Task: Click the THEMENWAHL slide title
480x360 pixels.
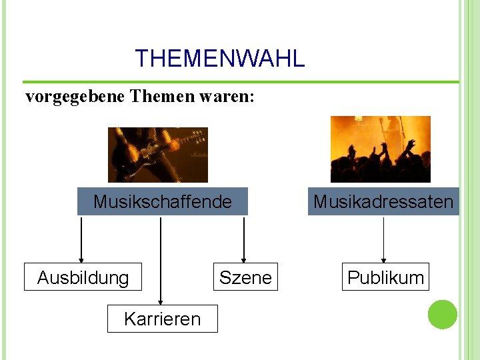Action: point(219,59)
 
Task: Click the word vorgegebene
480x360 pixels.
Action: point(75,97)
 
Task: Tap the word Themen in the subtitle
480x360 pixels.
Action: point(162,97)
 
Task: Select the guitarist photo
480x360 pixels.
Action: point(158,155)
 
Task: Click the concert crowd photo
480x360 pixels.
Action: point(381,149)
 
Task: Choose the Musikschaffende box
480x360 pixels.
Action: point(163,201)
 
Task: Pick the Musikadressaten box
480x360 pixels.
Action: point(383,201)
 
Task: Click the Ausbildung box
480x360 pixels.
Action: point(83,277)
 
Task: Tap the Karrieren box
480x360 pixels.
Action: point(162,319)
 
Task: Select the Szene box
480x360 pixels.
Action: point(245,277)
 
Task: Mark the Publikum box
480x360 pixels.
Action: point(385,277)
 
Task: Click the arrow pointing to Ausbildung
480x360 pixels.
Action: point(81,240)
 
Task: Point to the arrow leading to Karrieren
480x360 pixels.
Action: point(161,260)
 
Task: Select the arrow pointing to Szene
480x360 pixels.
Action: point(244,240)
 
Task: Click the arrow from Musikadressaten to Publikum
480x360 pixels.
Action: point(383,240)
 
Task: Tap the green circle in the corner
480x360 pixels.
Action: point(442,315)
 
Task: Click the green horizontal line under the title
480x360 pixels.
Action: point(240,82)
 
